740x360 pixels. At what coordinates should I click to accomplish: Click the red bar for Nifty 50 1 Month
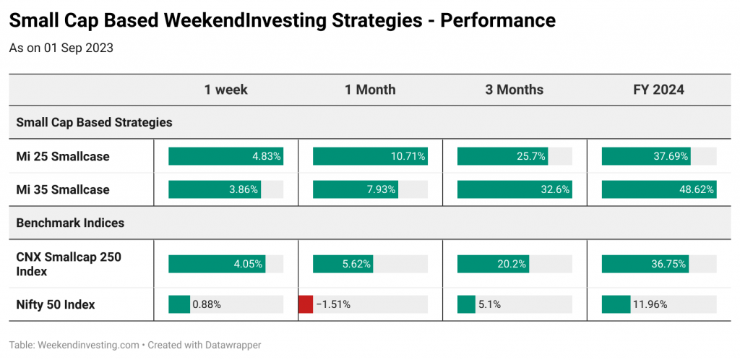[306, 304]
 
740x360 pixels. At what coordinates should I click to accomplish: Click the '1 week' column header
[225, 90]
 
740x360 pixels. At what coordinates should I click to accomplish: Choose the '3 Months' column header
[515, 90]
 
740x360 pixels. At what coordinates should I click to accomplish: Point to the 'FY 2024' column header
[659, 90]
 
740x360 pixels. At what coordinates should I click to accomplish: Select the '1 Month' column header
[370, 90]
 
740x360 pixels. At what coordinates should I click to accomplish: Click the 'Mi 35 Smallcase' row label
[63, 189]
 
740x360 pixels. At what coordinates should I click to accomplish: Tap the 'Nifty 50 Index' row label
[56, 305]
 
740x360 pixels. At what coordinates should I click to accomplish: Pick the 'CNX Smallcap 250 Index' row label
[69, 265]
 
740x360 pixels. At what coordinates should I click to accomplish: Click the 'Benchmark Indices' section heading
[70, 223]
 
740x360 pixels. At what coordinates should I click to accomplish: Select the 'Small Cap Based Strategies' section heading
[95, 123]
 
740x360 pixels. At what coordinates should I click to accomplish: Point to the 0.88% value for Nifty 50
[207, 305]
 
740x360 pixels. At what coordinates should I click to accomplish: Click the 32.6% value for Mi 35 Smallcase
[557, 190]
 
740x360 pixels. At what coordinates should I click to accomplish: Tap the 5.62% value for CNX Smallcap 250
[357, 265]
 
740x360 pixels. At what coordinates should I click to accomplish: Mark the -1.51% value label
[333, 305]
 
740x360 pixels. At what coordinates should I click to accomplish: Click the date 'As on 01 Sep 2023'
[61, 48]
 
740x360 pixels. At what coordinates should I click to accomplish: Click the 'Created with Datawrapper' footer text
[205, 346]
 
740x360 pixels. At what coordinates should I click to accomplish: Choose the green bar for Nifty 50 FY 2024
[616, 304]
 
